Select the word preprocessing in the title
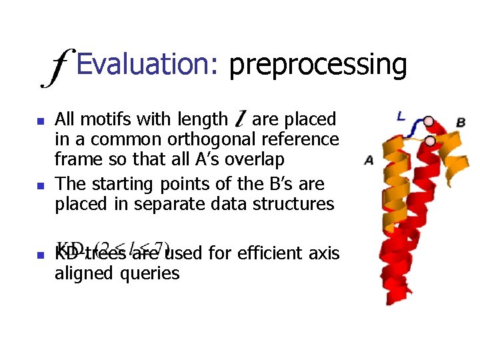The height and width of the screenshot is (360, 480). (317, 66)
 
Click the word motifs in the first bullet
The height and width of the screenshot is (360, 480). (105, 119)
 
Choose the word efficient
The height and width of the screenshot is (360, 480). (246, 253)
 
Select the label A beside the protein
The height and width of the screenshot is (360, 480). (369, 160)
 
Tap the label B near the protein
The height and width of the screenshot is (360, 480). (461, 122)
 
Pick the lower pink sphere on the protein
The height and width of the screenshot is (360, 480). (431, 141)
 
